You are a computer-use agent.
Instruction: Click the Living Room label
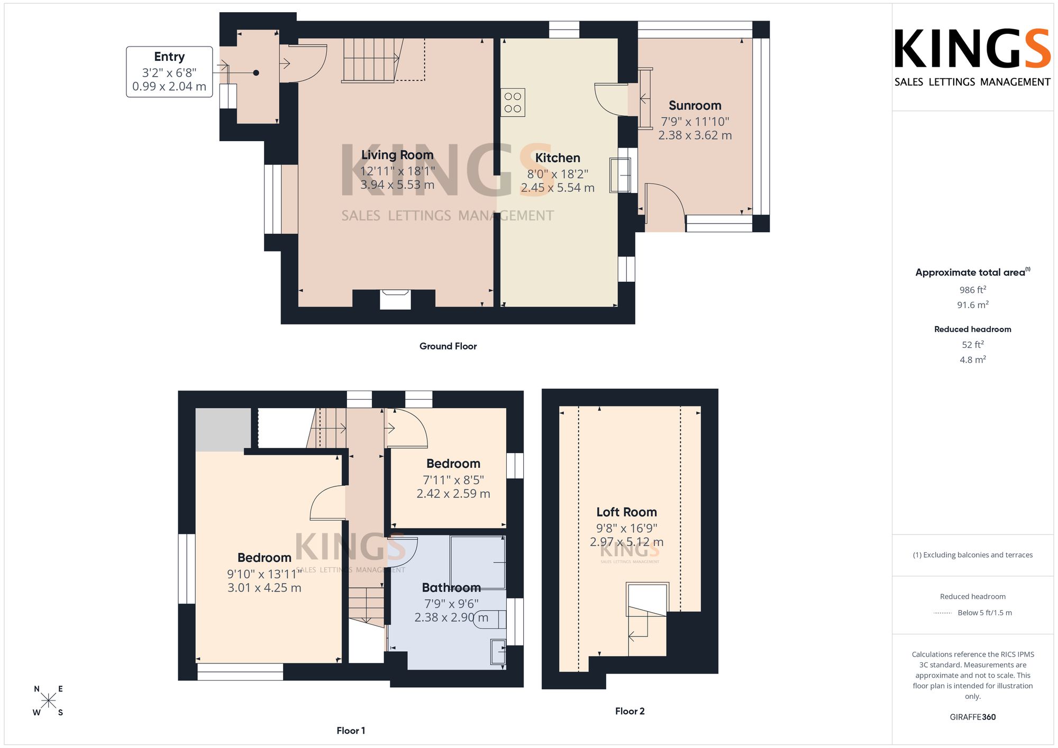397,155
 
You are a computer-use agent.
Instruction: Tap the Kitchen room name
558,158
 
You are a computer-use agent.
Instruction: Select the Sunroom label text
695,106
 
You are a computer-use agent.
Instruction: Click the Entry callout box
169,72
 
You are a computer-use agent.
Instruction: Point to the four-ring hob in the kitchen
513,103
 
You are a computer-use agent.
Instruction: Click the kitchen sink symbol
620,175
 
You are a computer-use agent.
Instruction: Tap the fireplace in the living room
395,299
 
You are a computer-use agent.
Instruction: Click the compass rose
48,701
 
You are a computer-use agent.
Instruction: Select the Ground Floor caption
448,346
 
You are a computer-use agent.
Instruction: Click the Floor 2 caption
630,711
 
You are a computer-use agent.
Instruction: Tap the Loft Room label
626,512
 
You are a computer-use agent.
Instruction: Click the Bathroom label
451,588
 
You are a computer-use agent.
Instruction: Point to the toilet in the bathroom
490,619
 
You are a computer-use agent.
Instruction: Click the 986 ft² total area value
973,290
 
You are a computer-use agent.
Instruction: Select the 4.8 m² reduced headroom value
973,359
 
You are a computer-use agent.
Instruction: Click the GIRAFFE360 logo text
973,717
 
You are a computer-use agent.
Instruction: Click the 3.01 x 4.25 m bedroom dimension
264,588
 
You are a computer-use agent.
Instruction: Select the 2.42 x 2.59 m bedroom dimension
453,494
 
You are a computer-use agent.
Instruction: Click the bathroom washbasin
498,652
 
